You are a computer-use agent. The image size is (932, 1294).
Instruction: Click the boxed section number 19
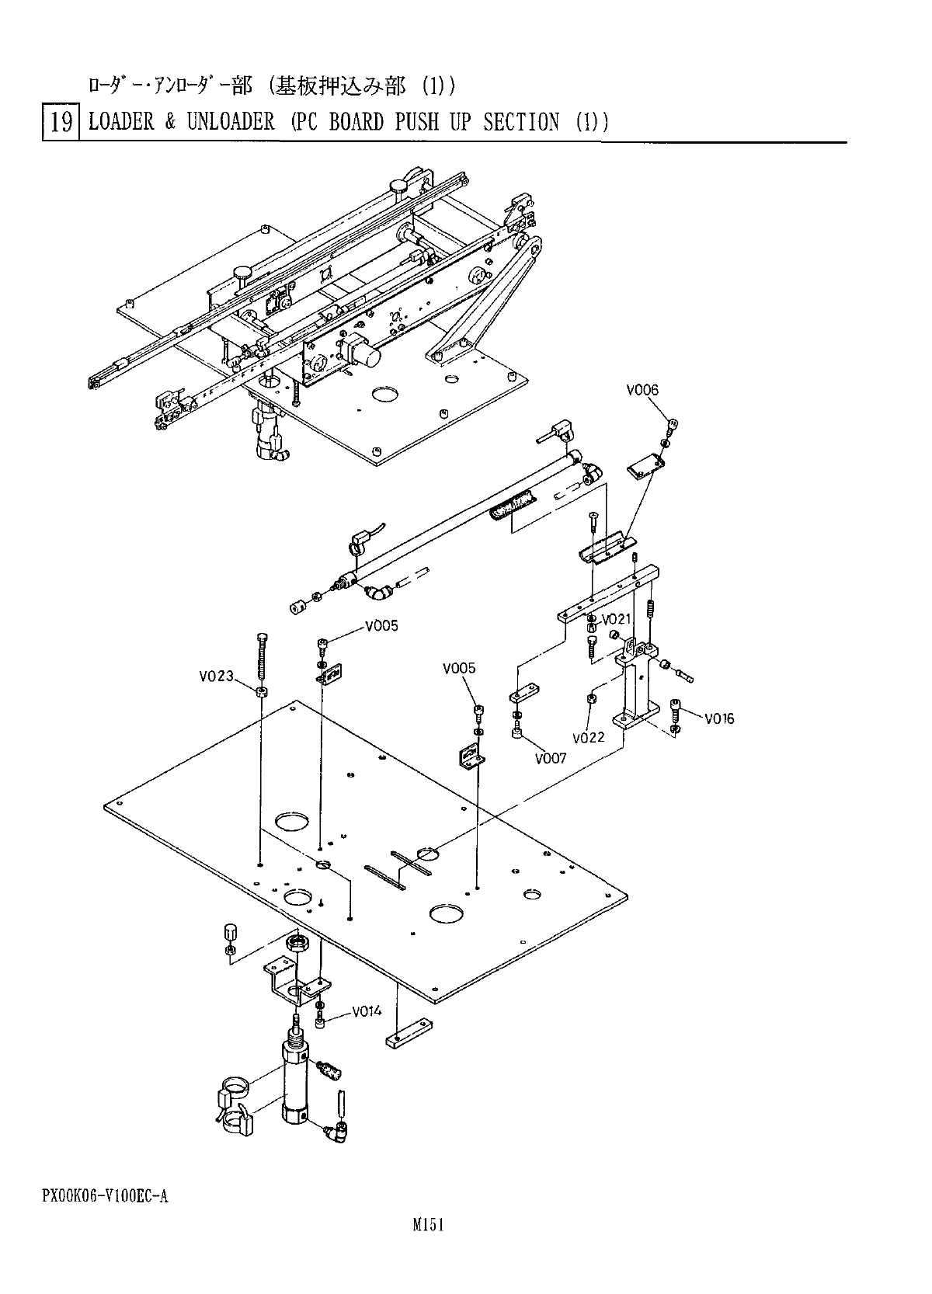[x=61, y=122]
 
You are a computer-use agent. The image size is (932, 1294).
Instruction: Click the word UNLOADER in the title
[x=231, y=122]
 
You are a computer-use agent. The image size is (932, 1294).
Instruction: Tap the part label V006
[x=642, y=390]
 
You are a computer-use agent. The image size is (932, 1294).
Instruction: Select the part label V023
[x=217, y=676]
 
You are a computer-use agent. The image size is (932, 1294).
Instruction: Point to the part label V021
[x=617, y=620]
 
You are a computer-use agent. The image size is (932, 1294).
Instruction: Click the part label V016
[x=718, y=718]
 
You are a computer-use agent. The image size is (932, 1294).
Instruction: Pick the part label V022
[x=588, y=738]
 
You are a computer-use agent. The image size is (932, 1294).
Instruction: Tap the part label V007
[x=551, y=759]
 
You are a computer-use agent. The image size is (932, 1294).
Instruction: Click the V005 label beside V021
[x=382, y=626]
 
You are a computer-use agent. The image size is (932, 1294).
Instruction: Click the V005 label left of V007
[x=459, y=669]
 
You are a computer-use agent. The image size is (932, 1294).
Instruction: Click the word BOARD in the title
[x=356, y=122]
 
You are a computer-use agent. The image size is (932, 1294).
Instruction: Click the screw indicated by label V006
[x=672, y=426]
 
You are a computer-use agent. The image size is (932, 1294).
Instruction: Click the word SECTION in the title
[x=521, y=122]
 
